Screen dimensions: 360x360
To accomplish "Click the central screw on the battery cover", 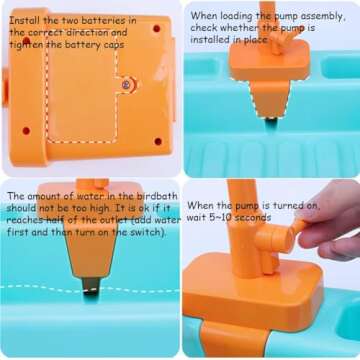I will point(126,85).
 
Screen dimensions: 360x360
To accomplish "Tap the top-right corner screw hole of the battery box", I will point(156,29).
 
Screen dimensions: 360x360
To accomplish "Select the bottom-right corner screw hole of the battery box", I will point(158,142).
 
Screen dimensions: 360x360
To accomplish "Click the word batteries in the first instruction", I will point(114,20).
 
